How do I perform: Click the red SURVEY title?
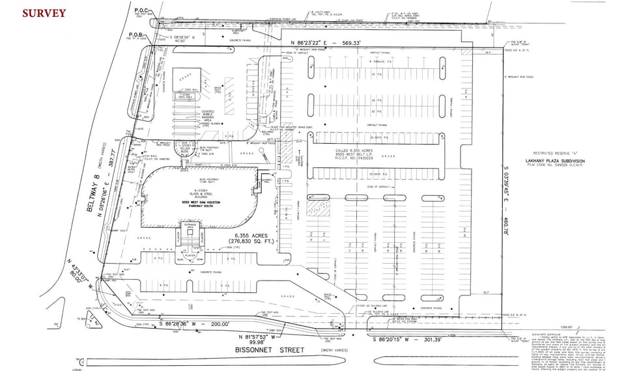click(x=44, y=13)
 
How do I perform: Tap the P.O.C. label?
click(x=141, y=10)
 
